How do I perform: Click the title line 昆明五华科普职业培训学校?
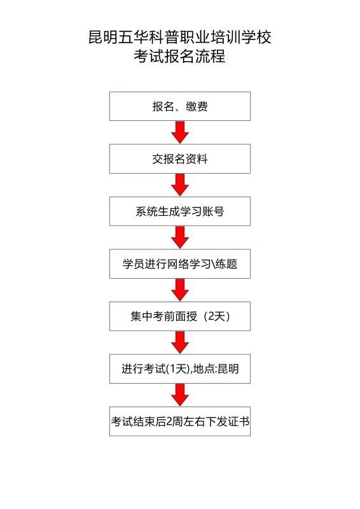(180, 37)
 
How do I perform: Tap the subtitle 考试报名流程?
(180, 56)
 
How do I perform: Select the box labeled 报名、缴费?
(180, 106)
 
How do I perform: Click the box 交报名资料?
(180, 158)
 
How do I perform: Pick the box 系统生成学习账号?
(180, 211)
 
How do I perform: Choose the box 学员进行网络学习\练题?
(180, 264)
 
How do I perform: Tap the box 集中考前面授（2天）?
(180, 316)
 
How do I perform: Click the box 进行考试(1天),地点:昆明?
(180, 369)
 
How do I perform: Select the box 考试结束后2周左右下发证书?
(180, 421)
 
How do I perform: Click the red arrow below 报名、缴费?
(180, 132)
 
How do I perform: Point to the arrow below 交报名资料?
(180, 185)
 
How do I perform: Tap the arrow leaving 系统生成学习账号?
(180, 237)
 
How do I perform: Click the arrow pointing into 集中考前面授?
(180, 290)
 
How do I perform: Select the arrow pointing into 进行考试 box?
(180, 342)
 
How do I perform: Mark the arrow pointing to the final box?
(180, 395)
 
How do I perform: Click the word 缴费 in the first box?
(197, 106)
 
